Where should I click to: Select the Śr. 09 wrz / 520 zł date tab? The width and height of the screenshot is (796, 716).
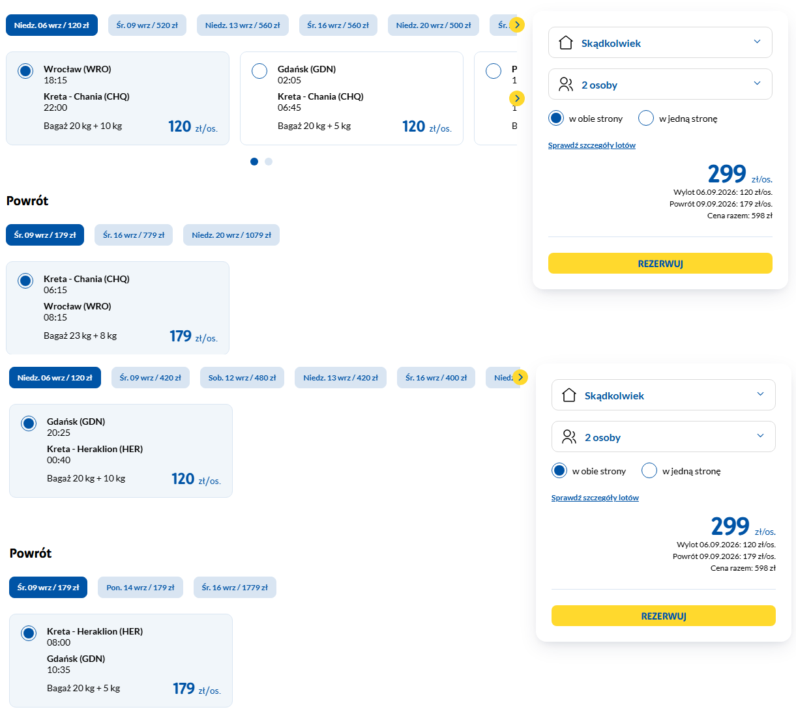147,25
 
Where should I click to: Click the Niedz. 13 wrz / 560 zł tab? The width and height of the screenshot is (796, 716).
243,25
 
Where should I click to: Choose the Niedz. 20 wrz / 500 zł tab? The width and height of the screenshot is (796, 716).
434,25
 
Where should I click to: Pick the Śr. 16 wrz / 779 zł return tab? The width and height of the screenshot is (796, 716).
134,235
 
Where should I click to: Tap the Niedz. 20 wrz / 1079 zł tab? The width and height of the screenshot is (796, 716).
231,235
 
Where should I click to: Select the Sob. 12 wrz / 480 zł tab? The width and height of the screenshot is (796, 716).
242,378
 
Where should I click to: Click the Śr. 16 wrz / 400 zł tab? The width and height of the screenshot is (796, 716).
436,378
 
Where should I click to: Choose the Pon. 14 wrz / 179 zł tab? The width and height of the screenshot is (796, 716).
140,588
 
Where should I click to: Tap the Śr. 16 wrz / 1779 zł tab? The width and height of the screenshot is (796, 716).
235,588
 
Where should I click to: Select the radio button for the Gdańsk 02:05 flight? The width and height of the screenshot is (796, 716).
259,71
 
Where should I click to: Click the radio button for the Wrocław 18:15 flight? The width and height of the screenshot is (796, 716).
25,71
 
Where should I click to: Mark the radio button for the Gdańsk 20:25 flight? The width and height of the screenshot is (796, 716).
29,423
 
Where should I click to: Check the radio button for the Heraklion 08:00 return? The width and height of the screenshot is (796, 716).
29,633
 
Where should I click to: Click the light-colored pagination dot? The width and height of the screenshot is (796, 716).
269,162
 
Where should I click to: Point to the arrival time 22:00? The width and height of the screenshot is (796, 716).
55,107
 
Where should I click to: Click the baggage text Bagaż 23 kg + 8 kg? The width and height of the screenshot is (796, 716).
80,336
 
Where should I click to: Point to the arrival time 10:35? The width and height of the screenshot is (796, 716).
59,670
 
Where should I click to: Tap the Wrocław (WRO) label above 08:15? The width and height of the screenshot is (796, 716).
78,306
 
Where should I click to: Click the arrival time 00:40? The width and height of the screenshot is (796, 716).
59,460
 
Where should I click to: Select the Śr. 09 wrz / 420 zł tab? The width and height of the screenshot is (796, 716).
151,378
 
